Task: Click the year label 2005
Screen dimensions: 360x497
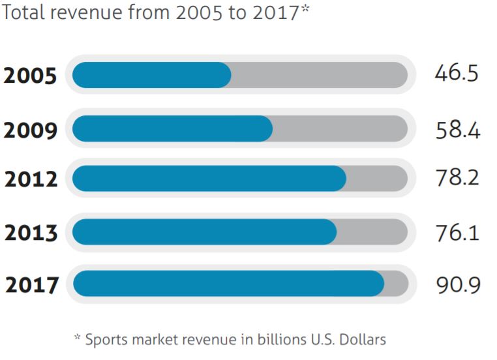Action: [30, 76]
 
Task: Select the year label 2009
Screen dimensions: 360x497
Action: [31, 130]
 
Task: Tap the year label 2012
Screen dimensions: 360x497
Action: [31, 179]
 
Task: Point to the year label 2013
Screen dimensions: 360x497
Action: [31, 232]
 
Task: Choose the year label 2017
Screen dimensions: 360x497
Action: [32, 285]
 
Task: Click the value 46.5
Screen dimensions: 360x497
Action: [457, 73]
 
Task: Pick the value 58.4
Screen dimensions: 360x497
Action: [458, 130]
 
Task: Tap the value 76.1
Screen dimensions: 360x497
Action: [457, 232]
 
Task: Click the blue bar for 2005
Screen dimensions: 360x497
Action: [151, 75]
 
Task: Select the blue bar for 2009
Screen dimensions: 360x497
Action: [172, 128]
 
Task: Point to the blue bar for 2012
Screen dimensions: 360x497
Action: [209, 179]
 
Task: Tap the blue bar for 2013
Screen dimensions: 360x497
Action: [204, 232]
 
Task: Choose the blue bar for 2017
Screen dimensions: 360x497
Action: [228, 284]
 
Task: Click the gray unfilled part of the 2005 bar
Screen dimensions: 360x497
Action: [320, 75]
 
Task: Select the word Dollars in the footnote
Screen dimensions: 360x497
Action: [363, 340]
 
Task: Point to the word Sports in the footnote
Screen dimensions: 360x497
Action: [106, 340]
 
